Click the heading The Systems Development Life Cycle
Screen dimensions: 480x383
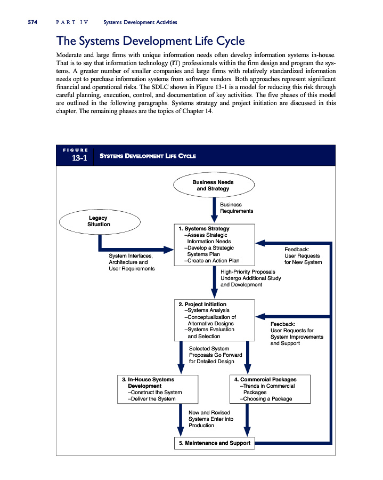click(150, 41)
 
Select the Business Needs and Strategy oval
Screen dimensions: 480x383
click(213, 185)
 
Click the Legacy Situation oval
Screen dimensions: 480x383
click(99, 221)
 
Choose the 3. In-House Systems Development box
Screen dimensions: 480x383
click(157, 389)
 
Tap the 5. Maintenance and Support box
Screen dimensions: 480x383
click(213, 443)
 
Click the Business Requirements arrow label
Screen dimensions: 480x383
click(236, 207)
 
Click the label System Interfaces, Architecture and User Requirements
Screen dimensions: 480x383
click(132, 262)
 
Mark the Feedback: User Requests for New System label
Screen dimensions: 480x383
click(303, 255)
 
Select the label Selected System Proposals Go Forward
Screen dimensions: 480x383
click(216, 355)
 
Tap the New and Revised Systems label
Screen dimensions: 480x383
click(211, 419)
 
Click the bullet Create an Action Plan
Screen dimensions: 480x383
click(211, 261)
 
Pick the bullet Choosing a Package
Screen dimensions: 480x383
click(266, 398)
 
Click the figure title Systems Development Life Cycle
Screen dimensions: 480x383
click(149, 156)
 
